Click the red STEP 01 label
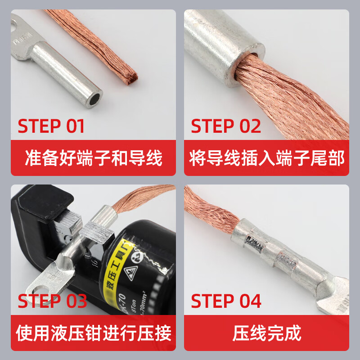51,126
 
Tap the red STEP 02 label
226,126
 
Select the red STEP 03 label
52,301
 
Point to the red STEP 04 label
226,301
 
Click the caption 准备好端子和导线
94,158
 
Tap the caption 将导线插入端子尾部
267,158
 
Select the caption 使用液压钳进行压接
94,333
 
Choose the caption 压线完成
267,333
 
